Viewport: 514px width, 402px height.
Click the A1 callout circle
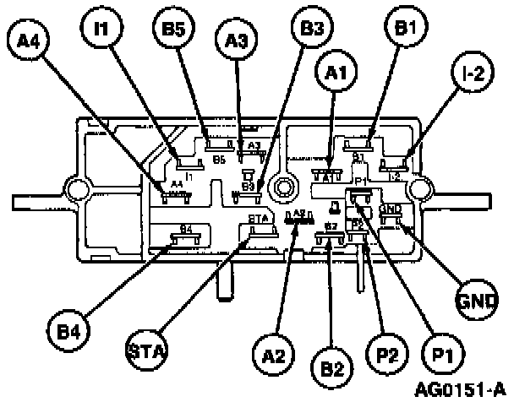(336, 73)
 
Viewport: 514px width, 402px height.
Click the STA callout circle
(145, 348)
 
